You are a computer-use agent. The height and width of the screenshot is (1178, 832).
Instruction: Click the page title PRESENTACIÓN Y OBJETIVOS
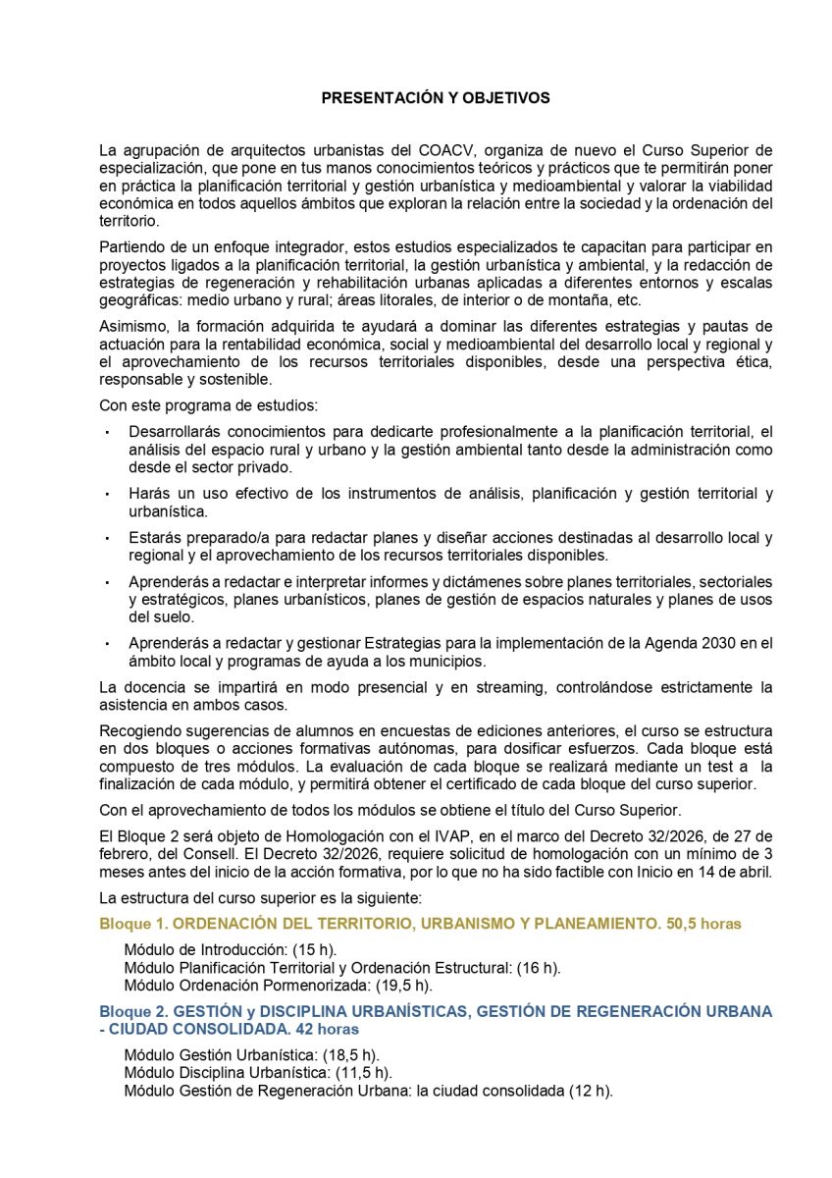436,98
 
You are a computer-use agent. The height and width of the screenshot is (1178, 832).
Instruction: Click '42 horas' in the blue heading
320,1029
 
